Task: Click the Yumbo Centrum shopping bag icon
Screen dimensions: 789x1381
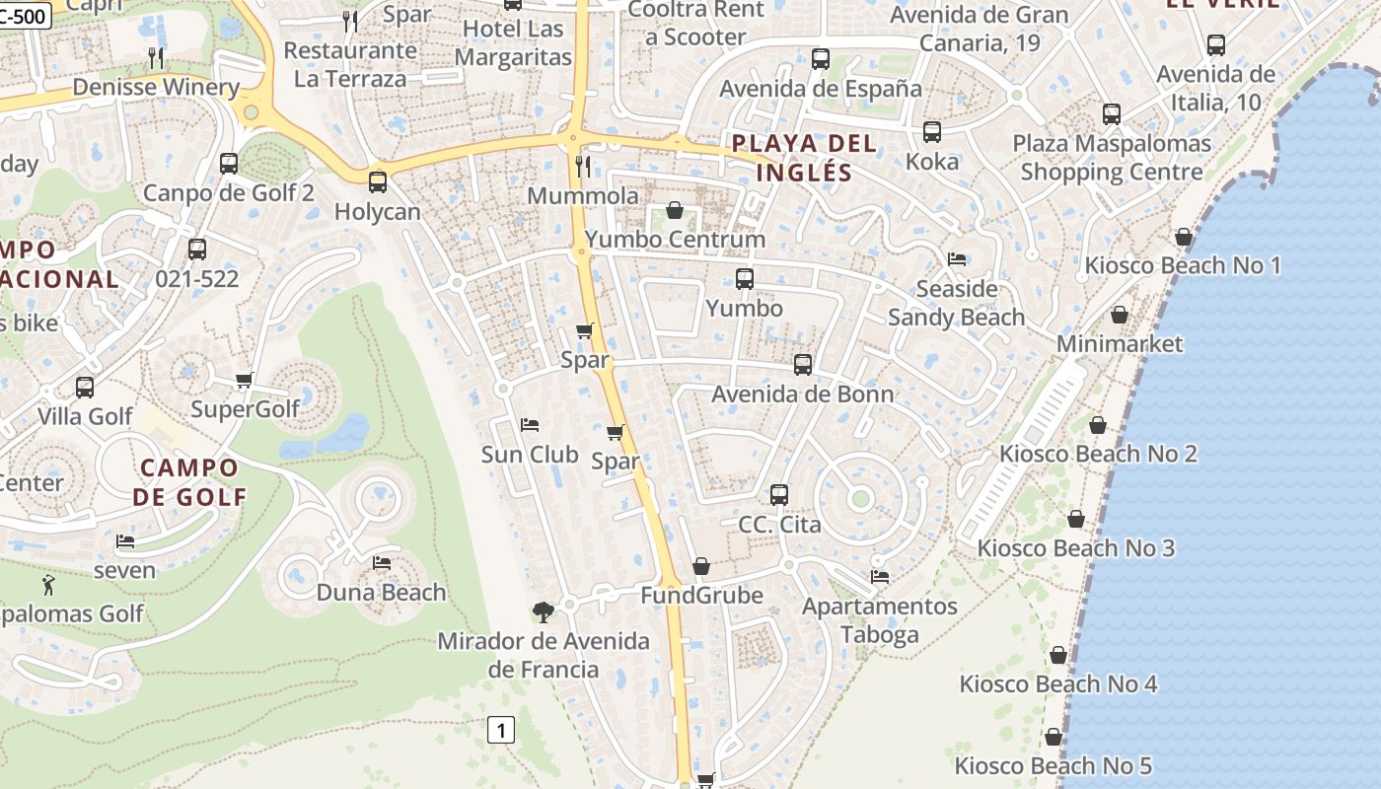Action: [675, 210]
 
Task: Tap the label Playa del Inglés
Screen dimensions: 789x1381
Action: [804, 158]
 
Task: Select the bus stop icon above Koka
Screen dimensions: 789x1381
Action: [931, 132]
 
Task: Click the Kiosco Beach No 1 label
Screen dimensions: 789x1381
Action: [1183, 265]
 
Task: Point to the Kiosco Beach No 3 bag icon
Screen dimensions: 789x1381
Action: [1076, 519]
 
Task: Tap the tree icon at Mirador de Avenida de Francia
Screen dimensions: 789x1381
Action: [543, 612]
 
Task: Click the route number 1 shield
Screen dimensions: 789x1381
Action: [501, 731]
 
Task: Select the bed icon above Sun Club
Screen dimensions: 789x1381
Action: [530, 425]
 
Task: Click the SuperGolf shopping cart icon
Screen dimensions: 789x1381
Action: [244, 380]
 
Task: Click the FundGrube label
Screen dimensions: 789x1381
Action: [701, 596]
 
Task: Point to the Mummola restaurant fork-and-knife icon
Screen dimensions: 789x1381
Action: [583, 167]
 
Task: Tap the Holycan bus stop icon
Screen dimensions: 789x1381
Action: [377, 182]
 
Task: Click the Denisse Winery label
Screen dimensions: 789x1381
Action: [156, 87]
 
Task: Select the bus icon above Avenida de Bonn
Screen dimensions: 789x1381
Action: [803, 365]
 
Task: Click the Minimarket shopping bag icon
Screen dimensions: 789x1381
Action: [1120, 315]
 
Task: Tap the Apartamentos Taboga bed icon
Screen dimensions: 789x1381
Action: [880, 577]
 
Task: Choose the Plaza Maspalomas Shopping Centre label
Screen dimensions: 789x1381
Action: [1112, 158]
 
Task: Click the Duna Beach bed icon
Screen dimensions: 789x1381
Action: [382, 563]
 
